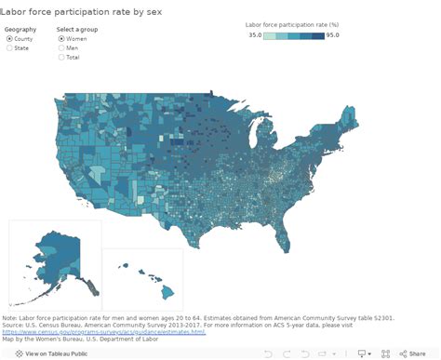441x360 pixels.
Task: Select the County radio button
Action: pyautogui.click(x=9, y=38)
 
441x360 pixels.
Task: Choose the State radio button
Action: pyautogui.click(x=9, y=47)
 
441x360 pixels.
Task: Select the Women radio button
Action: pyautogui.click(x=61, y=38)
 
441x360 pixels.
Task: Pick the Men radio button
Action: pyautogui.click(x=61, y=47)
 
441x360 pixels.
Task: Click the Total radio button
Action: pyautogui.click(x=61, y=57)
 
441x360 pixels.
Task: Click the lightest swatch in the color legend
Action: pyautogui.click(x=269, y=36)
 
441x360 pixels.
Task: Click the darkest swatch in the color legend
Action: pyautogui.click(x=318, y=36)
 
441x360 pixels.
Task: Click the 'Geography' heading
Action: pyautogui.click(x=20, y=29)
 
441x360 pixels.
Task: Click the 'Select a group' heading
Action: pyautogui.click(x=77, y=29)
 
